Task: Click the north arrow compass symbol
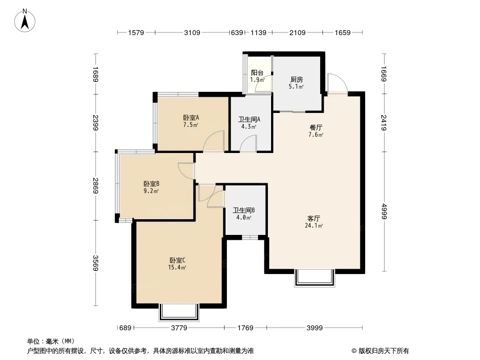25,21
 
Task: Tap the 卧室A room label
191,117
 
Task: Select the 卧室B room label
151,184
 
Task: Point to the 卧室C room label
177,260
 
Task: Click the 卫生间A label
249,119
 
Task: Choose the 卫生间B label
244,210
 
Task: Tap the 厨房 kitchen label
296,80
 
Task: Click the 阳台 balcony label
257,73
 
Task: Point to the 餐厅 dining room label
316,127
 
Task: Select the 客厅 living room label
314,218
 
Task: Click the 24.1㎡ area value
314,226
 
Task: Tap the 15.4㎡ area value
177,268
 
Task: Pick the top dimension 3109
192,32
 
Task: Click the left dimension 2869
96,186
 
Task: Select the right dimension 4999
384,211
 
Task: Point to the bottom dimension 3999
314,328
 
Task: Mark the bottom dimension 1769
245,328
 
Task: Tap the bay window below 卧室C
179,312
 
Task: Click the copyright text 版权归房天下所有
384,351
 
